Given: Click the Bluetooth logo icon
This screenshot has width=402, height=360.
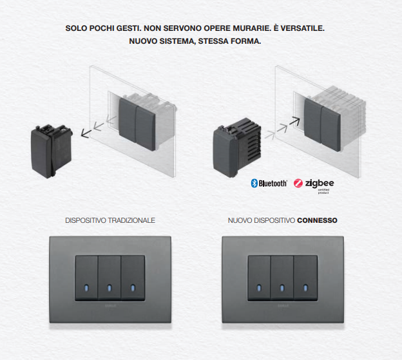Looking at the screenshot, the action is [254, 183].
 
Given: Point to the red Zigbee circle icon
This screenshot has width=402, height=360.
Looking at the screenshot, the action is [298, 183].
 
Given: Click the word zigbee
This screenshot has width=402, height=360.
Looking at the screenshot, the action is [320, 183].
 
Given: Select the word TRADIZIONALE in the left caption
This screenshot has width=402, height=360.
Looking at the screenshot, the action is [131, 220].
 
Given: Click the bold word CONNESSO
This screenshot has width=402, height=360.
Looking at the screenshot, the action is [317, 220].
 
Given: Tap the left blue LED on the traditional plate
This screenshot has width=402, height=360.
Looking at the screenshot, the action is [86, 288].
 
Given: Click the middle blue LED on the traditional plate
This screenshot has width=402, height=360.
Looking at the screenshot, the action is [110, 288].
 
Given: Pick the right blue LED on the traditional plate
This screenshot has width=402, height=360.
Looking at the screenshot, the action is [133, 288].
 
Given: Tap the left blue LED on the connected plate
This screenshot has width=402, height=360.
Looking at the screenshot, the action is [259, 288].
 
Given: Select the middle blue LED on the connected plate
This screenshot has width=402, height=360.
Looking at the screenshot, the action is [282, 288].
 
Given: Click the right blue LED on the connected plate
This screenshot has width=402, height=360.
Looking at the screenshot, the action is [305, 288].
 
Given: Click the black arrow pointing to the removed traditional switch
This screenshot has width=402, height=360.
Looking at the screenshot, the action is [86, 133].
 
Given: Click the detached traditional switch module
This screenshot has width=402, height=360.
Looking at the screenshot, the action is [52, 151].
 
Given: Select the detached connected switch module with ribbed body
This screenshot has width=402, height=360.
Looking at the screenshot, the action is [237, 148].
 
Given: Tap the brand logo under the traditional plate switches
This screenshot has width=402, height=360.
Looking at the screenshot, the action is [111, 306].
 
